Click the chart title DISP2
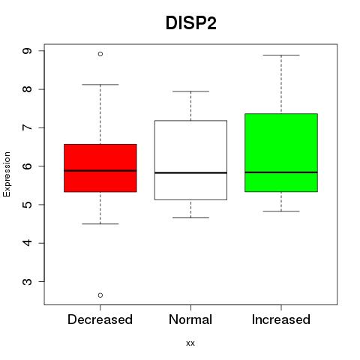pos(190,23)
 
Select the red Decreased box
pos(100,168)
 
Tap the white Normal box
pos(190,160)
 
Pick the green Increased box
pos(281,153)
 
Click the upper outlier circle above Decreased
pos(100,54)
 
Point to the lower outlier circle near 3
pos(100,295)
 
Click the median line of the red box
pos(100,171)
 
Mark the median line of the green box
pos(281,172)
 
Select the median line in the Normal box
pos(190,172)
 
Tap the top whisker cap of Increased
pos(281,55)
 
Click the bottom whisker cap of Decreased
pos(100,223)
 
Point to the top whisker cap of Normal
pos(190,91)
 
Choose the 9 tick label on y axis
pos(27,51)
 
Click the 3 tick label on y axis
pos(27,282)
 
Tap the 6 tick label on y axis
pos(27,166)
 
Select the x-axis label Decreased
pos(100,319)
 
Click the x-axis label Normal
pos(190,319)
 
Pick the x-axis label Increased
pos(281,319)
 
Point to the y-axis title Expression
pos(7,174)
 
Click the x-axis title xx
pos(190,343)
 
